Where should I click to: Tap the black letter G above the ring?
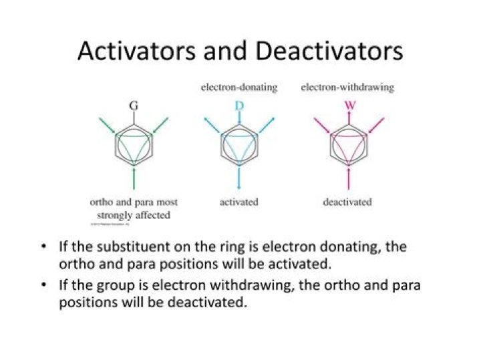[x=134, y=106]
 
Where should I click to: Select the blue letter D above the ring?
[x=239, y=106]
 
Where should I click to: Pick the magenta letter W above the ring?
[x=348, y=106]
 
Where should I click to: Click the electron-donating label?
[x=239, y=87]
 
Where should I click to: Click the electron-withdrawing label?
[x=347, y=87]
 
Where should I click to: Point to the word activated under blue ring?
[x=239, y=202]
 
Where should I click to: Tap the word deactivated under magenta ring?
[x=347, y=202]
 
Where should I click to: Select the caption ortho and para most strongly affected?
[x=134, y=208]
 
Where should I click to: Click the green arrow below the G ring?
[x=134, y=179]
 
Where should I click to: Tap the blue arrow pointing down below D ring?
[x=239, y=180]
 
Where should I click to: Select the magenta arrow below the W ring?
[x=348, y=179]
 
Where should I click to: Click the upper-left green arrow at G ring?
[x=108, y=125]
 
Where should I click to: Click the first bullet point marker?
[x=43, y=247]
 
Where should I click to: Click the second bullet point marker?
[x=43, y=285]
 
